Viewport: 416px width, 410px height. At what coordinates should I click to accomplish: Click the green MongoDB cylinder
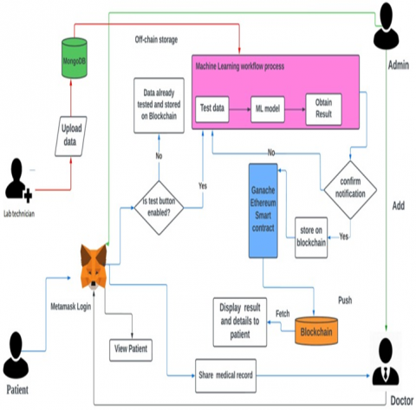click(x=75, y=58)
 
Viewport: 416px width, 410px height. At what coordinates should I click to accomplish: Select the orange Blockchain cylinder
click(x=316, y=331)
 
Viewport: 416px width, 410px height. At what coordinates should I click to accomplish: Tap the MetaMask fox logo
click(x=94, y=266)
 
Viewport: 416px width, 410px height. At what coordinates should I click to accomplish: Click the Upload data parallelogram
click(x=71, y=136)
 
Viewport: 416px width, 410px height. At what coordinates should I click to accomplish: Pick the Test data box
click(x=212, y=109)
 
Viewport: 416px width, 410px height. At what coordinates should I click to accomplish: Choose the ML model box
click(x=268, y=109)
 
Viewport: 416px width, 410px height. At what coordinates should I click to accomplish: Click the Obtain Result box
click(x=323, y=109)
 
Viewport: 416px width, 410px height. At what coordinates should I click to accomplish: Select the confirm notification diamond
click(x=350, y=190)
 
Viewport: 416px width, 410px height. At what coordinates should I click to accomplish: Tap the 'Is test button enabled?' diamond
click(x=159, y=207)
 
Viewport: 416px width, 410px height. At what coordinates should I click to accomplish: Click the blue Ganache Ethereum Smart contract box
click(x=263, y=211)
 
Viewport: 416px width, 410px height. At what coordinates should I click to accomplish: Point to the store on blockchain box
click(x=311, y=238)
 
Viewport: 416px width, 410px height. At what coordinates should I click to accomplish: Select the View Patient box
click(x=131, y=350)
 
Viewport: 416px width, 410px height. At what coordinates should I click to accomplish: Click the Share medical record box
click(x=225, y=375)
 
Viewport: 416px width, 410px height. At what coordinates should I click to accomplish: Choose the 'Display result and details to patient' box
click(x=240, y=322)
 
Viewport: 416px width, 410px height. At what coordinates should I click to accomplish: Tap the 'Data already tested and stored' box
click(x=159, y=105)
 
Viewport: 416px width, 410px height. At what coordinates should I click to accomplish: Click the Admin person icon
click(x=387, y=26)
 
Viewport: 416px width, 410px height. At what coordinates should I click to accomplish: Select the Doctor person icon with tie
click(x=386, y=361)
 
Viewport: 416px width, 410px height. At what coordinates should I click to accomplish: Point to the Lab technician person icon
click(x=18, y=180)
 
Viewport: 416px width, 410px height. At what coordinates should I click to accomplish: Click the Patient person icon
click(x=16, y=355)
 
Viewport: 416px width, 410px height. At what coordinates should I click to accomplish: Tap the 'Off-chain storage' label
click(x=156, y=40)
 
